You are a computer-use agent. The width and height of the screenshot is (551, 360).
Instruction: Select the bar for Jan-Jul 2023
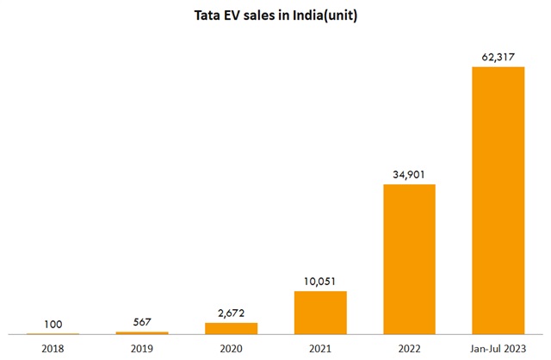[x=498, y=200]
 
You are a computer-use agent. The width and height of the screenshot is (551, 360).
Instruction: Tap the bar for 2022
[x=409, y=258]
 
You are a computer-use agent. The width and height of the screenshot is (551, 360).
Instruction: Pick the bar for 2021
[x=320, y=312]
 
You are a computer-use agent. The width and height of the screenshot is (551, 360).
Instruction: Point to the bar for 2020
[x=231, y=328]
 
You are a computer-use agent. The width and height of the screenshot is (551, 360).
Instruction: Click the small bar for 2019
[x=142, y=332]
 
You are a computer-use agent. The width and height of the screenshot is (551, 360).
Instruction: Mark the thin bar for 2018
[x=53, y=333]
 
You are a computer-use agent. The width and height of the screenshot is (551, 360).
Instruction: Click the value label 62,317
[x=498, y=56]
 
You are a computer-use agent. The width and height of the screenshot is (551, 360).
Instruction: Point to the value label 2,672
[x=231, y=312]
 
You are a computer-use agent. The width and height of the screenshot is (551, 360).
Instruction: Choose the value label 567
[x=142, y=321]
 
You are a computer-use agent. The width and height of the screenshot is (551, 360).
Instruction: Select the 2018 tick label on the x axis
[x=53, y=347]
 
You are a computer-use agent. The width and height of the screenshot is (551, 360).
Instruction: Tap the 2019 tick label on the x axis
[x=142, y=347]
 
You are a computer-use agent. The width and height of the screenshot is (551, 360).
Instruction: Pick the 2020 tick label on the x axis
[x=231, y=347]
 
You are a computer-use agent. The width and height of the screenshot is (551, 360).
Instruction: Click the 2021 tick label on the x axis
[x=320, y=347]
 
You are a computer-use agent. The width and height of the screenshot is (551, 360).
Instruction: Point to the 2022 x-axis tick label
[x=409, y=347]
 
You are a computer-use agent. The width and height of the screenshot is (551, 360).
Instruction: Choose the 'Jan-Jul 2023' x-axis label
[x=498, y=347]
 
